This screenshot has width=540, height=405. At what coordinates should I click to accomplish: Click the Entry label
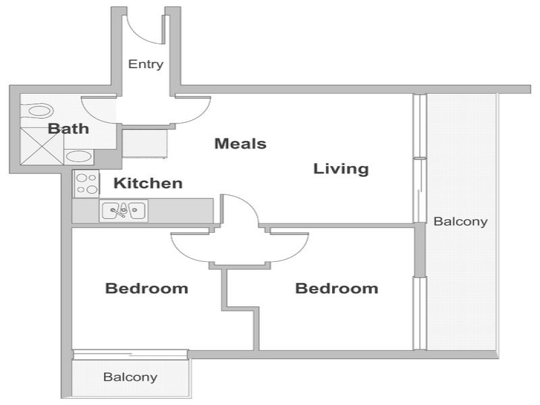coord(146,64)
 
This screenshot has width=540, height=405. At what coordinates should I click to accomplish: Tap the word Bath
coord(68,129)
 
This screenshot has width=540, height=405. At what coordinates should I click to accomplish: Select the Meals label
coord(240,144)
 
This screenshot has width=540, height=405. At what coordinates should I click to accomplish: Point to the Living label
coord(341,169)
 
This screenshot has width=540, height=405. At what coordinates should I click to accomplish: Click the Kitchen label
coord(148,183)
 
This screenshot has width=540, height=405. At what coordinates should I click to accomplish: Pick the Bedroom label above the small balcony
coord(146,288)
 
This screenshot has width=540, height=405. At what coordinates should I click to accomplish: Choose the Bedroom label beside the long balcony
coord(337,288)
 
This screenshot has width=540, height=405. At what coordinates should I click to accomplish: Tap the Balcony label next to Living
coord(460,221)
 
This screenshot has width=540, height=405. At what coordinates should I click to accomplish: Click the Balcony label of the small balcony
coord(130,377)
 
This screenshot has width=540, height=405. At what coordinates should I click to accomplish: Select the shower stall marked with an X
coord(42,145)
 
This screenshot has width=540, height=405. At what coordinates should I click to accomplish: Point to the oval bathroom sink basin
coord(78,157)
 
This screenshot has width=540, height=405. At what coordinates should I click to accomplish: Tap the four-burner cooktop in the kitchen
coord(86,184)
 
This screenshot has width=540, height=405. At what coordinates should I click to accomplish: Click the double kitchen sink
coord(124,211)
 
